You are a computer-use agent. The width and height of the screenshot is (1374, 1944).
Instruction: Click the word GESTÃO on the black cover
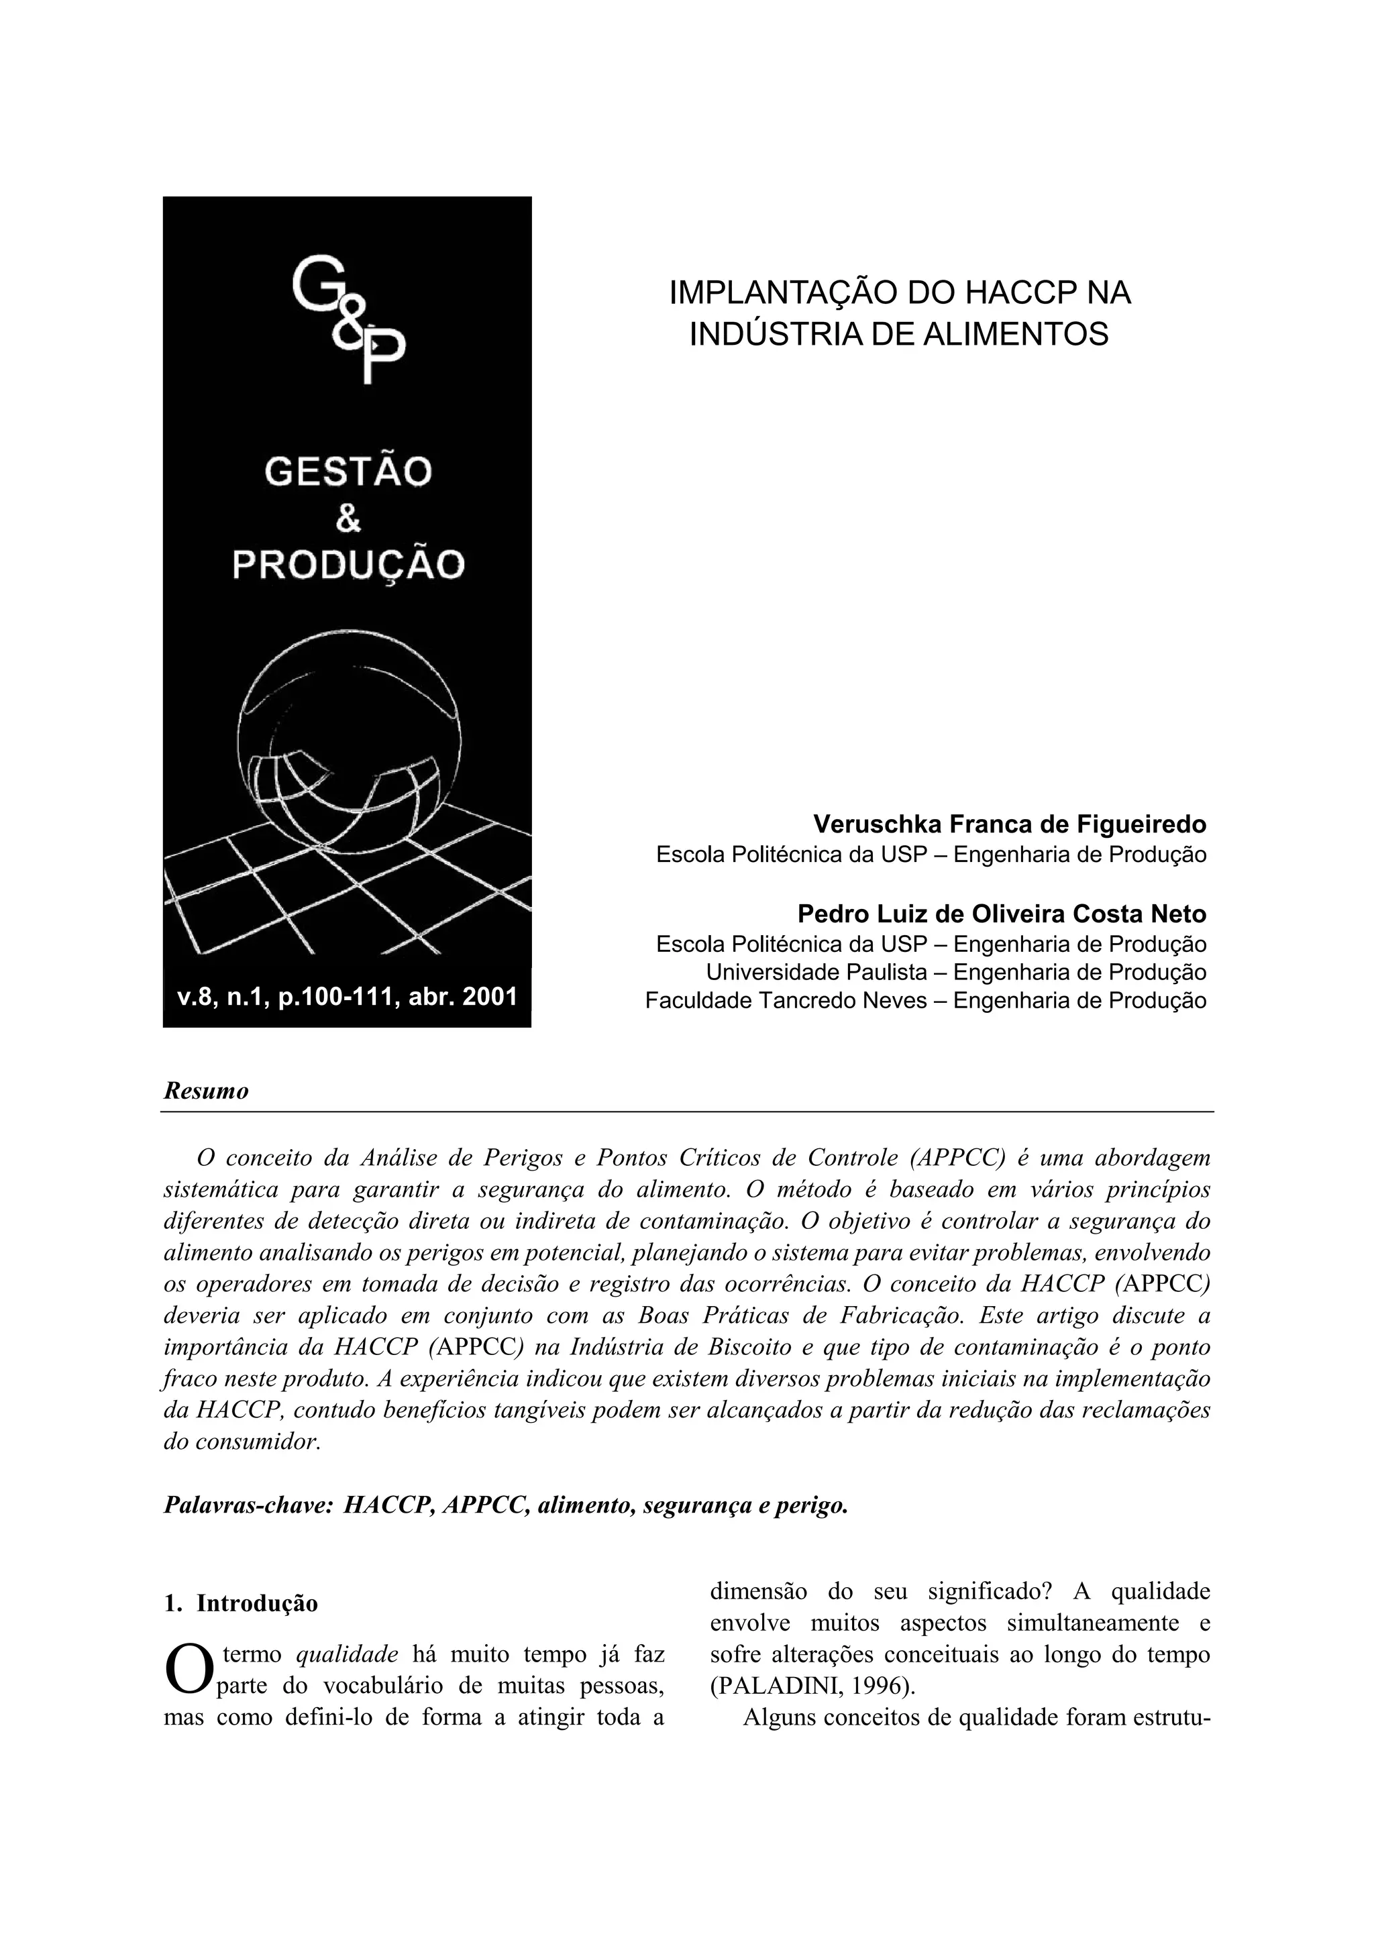(348, 472)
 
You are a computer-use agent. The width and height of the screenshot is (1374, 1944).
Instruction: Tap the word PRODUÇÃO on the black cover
(348, 564)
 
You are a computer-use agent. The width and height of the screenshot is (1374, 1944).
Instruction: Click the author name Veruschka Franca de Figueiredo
(1009, 824)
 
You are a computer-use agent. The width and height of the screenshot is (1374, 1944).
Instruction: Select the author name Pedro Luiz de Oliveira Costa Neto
(1002, 914)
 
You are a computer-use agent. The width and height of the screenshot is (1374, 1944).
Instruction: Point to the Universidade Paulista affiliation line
(956, 972)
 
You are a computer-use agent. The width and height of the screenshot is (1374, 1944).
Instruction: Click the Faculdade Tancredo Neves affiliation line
(925, 1001)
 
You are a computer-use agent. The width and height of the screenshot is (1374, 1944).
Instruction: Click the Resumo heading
(206, 1091)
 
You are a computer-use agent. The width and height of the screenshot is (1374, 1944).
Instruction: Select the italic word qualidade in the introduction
(347, 1654)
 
